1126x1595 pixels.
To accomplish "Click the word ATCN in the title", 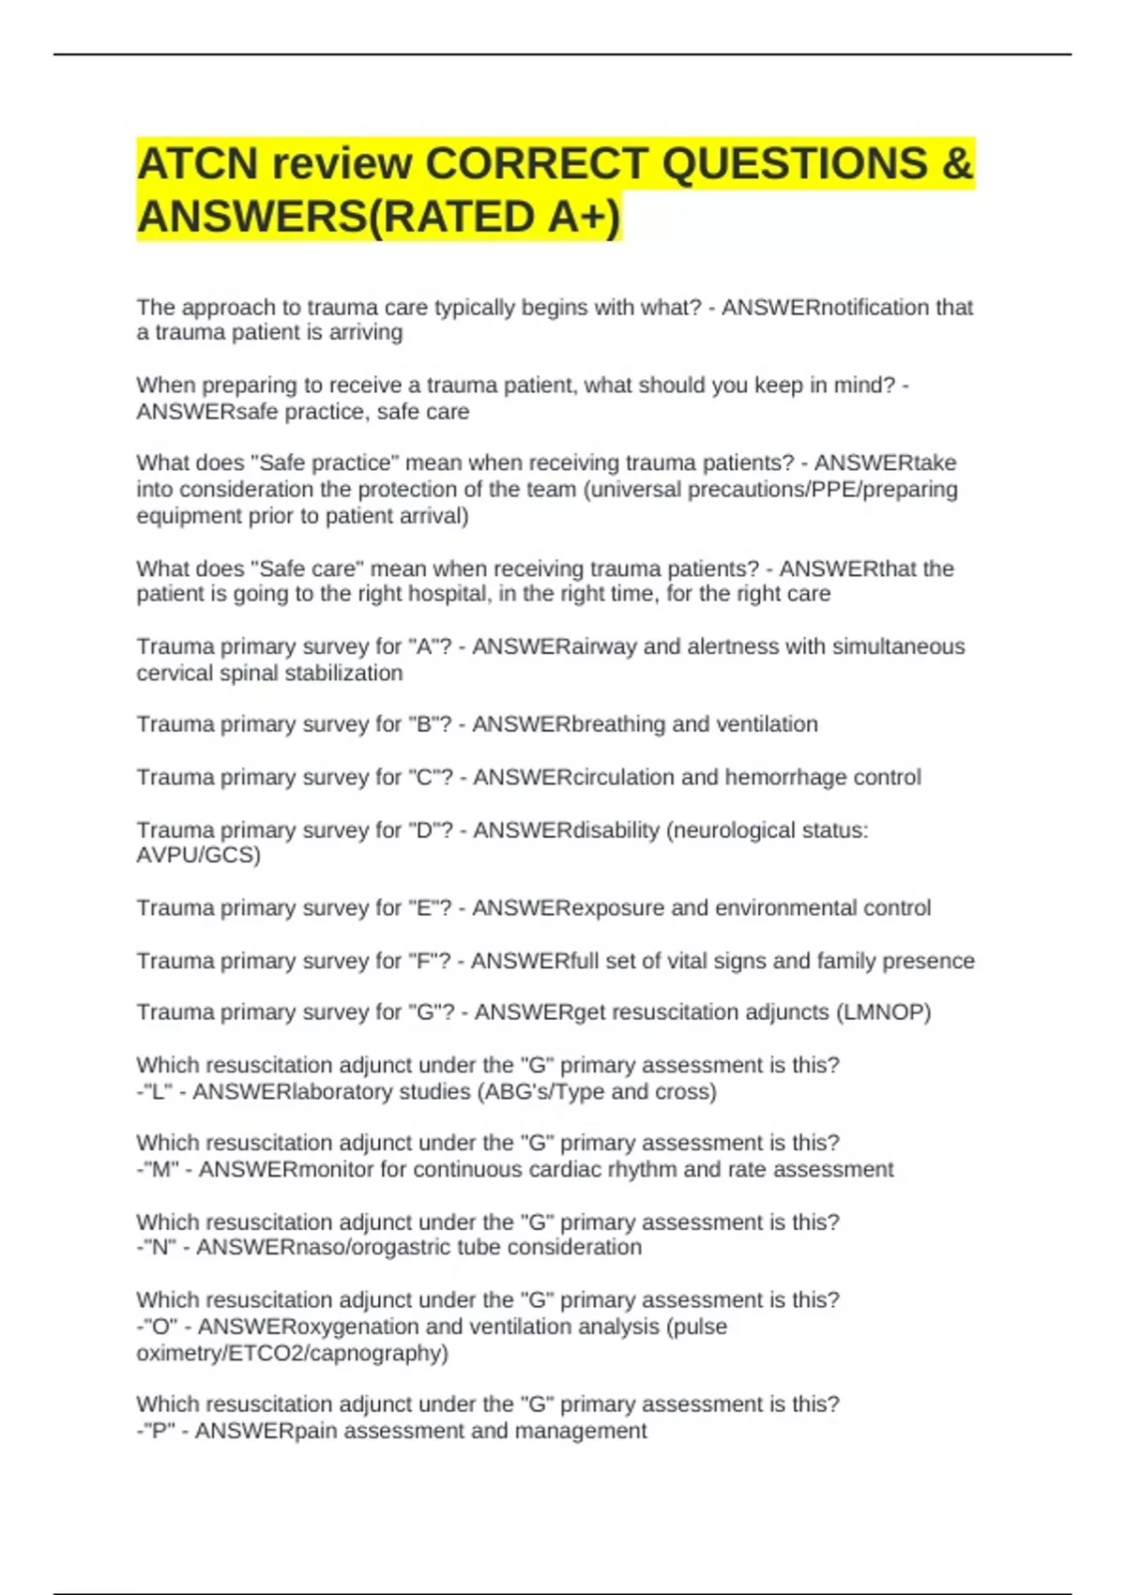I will coord(197,163).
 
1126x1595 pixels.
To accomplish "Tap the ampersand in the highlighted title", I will coord(957,163).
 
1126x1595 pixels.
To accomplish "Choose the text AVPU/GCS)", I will coord(198,855).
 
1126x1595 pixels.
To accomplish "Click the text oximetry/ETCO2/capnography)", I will coord(292,1353).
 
